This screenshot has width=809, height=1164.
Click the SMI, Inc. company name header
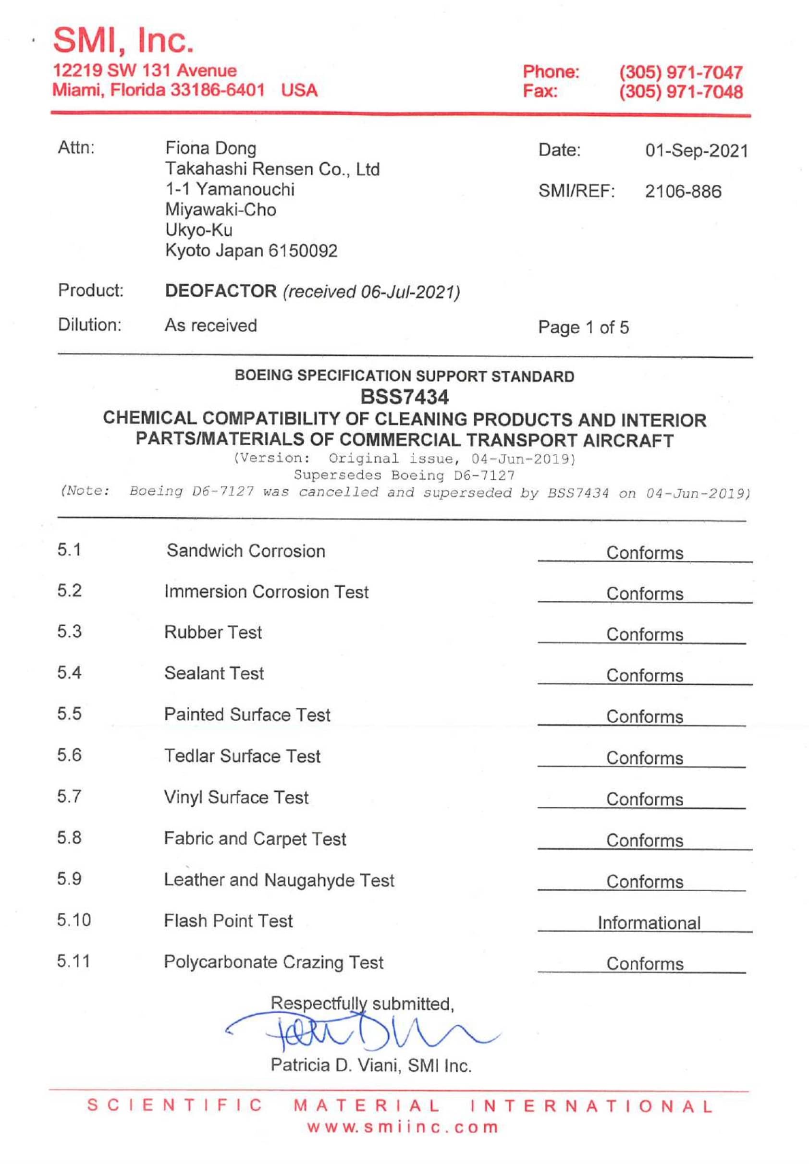click(x=123, y=40)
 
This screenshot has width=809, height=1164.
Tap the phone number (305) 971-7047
click(x=681, y=72)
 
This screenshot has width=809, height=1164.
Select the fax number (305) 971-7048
click(x=681, y=92)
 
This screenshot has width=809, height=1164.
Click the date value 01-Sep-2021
click(x=697, y=151)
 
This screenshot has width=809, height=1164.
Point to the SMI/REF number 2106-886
click(x=683, y=192)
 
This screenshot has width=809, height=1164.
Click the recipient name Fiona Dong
click(x=210, y=148)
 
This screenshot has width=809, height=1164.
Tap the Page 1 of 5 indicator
click(x=583, y=327)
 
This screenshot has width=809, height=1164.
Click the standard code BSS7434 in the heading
click(x=404, y=397)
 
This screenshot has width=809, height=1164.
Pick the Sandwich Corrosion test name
click(x=246, y=551)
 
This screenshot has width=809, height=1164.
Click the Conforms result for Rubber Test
click(x=645, y=634)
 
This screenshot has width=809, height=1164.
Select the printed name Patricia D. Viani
click(x=335, y=1065)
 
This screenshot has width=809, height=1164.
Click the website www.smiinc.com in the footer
click(x=403, y=1127)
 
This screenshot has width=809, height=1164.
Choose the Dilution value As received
click(x=211, y=325)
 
